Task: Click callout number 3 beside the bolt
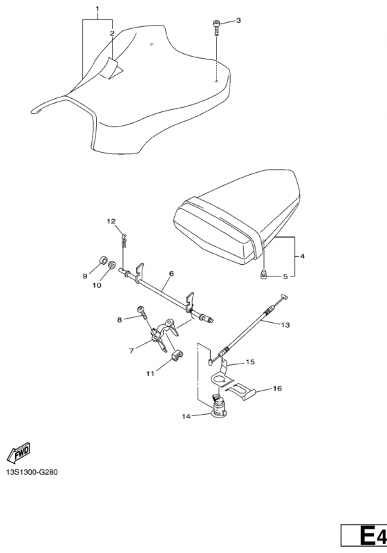(x=238, y=21)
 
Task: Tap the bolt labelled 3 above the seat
(x=216, y=28)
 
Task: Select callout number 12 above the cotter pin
(x=111, y=221)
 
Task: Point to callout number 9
(x=84, y=276)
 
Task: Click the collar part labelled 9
(x=103, y=261)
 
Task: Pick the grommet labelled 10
(x=112, y=264)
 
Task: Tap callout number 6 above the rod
(x=171, y=273)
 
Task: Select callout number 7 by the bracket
(x=131, y=350)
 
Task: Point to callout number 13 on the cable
(x=285, y=324)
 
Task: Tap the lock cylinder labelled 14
(x=219, y=406)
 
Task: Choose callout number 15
(x=250, y=362)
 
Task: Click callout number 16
(x=277, y=388)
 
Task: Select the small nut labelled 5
(x=263, y=275)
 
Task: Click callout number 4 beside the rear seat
(x=302, y=256)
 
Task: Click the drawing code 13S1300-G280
(x=32, y=472)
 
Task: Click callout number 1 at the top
(x=97, y=8)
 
